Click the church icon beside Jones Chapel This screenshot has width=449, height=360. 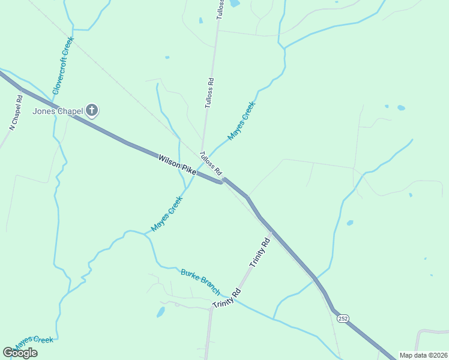[x=92, y=110]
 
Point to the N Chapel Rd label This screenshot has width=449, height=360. [x=16, y=112]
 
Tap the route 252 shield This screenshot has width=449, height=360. [x=343, y=318]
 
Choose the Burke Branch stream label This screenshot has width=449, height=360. [x=200, y=281]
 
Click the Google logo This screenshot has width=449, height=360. [x=20, y=353]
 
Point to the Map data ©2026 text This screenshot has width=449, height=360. [x=423, y=355]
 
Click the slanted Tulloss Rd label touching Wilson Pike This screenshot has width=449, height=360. [x=211, y=162]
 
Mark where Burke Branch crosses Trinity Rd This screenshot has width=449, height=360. [x=232, y=296]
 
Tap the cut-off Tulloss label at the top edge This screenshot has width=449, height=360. [x=220, y=8]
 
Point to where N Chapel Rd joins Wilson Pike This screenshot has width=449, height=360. [x=23, y=89]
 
